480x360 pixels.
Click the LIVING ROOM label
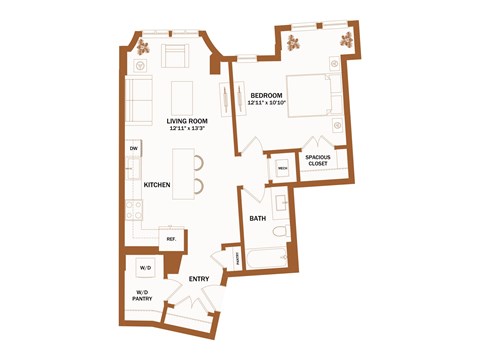pyautogui.click(x=188, y=120)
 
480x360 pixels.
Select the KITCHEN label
pyautogui.click(x=156, y=185)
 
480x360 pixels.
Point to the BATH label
pyautogui.click(x=257, y=218)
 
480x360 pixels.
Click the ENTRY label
pyautogui.click(x=198, y=278)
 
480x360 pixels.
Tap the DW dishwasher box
pyautogui.click(x=133, y=149)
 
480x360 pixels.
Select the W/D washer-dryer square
pyautogui.click(x=144, y=268)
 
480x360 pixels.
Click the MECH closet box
pyautogui.click(x=282, y=167)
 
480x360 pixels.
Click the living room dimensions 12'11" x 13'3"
pyautogui.click(x=188, y=128)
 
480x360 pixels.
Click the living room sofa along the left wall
pyautogui.click(x=137, y=100)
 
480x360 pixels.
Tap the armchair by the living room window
pyautogui.click(x=176, y=56)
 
